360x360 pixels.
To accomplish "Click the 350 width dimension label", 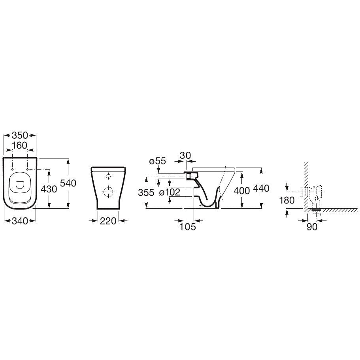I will click(x=20, y=135).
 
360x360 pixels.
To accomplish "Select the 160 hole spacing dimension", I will click(x=20, y=145).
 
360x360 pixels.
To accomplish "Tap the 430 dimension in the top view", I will click(x=49, y=189).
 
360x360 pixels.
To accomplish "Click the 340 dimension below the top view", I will click(x=19, y=221).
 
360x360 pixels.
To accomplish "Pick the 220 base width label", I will click(x=108, y=221).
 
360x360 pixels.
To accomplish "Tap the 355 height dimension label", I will click(x=146, y=192).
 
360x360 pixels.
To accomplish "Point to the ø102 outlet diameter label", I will click(x=170, y=192).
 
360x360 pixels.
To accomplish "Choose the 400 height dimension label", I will click(x=241, y=190).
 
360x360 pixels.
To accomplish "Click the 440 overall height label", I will click(x=261, y=188).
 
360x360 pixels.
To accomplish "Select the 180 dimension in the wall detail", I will click(x=287, y=200).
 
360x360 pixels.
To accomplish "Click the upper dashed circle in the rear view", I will click(x=108, y=176).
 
